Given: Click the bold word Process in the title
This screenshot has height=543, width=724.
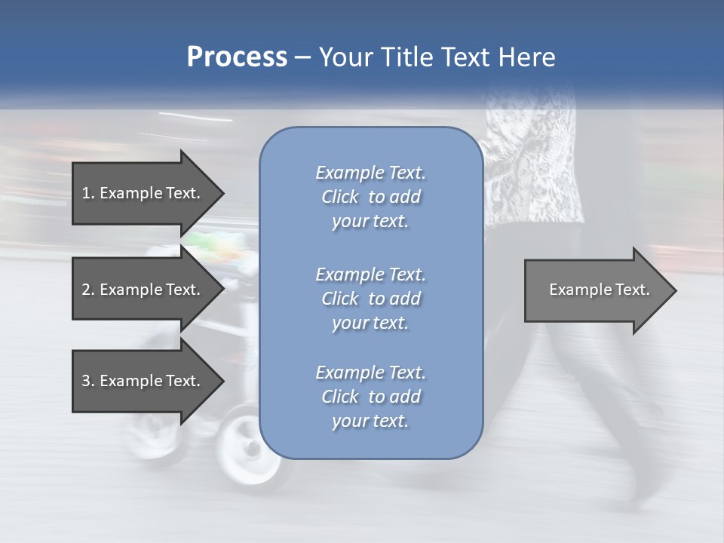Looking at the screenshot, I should [x=237, y=57].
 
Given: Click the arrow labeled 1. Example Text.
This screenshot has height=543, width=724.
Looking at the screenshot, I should [x=143, y=193].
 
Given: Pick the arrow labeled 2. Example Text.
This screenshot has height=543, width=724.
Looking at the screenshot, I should [x=143, y=290].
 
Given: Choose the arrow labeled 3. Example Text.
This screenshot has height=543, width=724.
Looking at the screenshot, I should [x=143, y=381].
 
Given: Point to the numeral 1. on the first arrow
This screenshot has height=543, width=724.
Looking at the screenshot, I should [x=88, y=193].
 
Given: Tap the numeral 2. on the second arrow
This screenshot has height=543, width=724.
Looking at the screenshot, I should [x=88, y=290].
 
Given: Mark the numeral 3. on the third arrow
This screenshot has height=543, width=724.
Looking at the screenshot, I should [x=88, y=381].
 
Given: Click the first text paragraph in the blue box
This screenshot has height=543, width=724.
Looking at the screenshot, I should [x=370, y=197].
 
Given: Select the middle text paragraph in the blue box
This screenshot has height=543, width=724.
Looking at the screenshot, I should [x=370, y=298].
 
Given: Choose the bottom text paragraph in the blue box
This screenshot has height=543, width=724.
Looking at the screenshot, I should [x=370, y=397].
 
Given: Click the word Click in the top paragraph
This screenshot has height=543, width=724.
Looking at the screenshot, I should [x=340, y=197].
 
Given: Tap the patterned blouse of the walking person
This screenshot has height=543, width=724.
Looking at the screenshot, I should [x=528, y=166].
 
